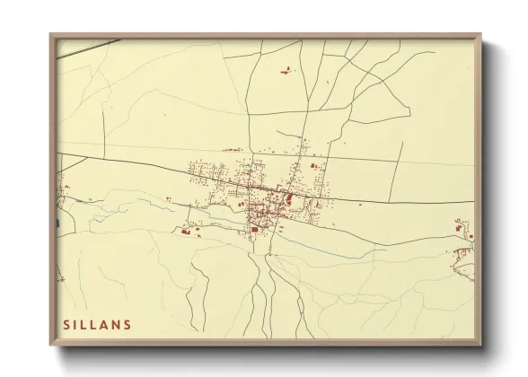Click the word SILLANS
97,325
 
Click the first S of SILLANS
66,325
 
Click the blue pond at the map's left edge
58,224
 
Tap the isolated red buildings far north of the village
286,70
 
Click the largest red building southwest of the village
187,232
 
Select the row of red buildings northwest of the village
233,150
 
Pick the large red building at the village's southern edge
254,230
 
